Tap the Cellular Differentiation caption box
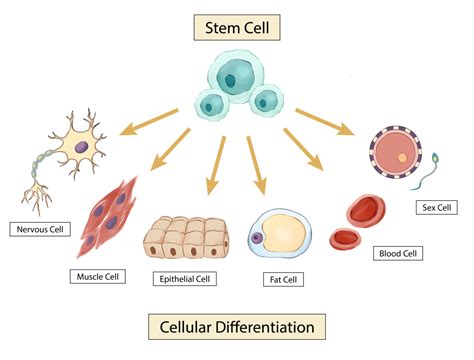237,327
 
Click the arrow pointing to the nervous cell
149,119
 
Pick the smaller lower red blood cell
346,238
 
